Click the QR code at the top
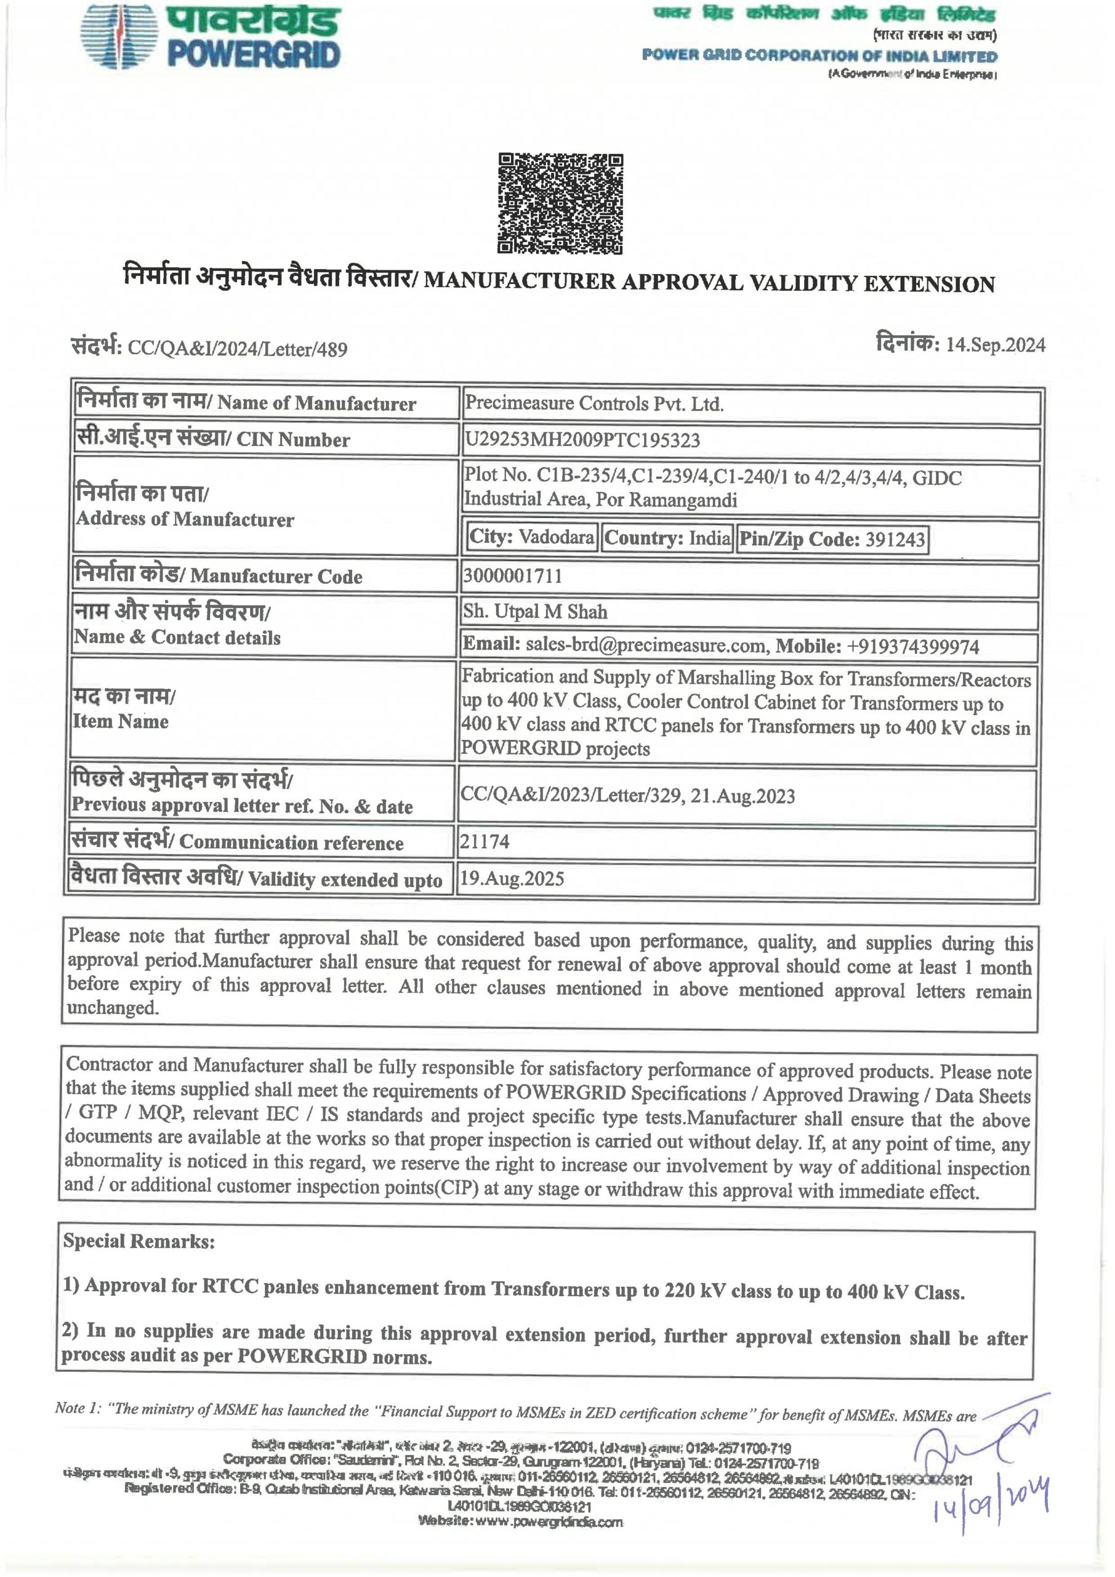coord(560,204)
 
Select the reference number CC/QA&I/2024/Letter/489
coord(237,349)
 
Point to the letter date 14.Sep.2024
coord(995,345)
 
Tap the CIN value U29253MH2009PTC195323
coord(582,440)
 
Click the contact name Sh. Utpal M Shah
coord(535,611)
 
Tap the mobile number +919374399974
coord(913,646)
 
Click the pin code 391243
coord(895,539)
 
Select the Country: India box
coord(667,538)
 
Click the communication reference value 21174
coord(484,841)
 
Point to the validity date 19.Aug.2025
coord(512,878)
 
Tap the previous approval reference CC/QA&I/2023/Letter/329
coord(571,796)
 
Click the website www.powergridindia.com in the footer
coord(520,1522)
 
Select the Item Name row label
coord(121,721)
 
